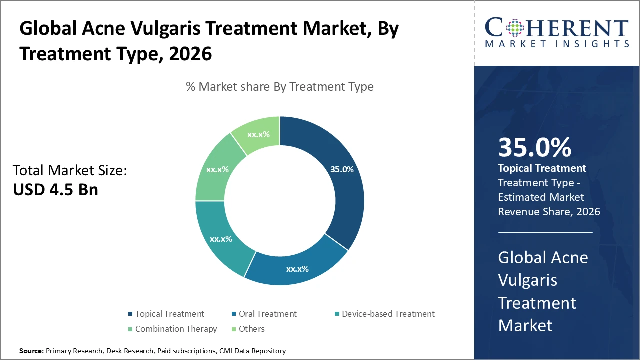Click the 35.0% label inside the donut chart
click(x=342, y=169)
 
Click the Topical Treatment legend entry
click(x=169, y=314)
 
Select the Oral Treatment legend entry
click(x=267, y=314)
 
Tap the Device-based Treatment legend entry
click(x=388, y=314)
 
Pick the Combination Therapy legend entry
click(x=176, y=329)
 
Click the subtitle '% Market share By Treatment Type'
click(x=280, y=87)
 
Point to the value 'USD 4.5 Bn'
click(x=55, y=190)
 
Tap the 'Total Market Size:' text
click(x=70, y=171)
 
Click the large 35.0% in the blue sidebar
click(x=534, y=148)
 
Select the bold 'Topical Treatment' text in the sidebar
click(x=542, y=168)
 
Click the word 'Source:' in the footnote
click(x=31, y=351)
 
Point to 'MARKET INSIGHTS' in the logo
click(x=557, y=44)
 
